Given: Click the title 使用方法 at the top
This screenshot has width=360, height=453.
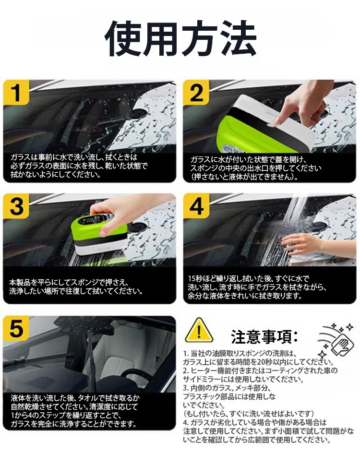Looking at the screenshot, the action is click(x=180, y=39).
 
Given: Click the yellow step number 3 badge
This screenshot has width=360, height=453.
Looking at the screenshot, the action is click(x=16, y=206).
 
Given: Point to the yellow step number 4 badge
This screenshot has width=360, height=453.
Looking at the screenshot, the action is click(x=196, y=206).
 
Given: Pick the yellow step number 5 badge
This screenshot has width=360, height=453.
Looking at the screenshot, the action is click(x=16, y=328).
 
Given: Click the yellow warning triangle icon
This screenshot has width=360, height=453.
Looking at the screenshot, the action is click(x=199, y=331).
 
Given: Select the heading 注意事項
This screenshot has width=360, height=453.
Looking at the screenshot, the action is click(x=264, y=336).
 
